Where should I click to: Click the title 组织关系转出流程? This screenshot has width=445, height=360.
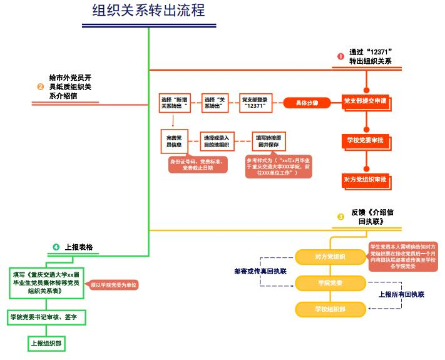click(x=148, y=11)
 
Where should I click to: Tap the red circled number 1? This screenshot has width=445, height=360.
click(x=340, y=56)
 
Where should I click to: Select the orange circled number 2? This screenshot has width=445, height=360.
click(x=41, y=87)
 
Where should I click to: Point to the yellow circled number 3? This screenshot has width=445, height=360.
click(x=340, y=217)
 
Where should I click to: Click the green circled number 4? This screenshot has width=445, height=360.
click(x=56, y=247)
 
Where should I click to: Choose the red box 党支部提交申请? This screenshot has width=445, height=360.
click(x=366, y=101)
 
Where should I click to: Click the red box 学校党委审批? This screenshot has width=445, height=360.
click(x=366, y=141)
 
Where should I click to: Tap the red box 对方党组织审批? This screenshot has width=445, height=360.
click(x=366, y=180)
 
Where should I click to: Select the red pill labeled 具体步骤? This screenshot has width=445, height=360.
click(x=307, y=103)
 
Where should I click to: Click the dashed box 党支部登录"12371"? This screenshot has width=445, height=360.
click(x=255, y=103)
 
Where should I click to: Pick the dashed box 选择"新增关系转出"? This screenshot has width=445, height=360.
click(x=175, y=103)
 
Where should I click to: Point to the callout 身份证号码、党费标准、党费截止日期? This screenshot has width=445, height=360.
click(x=197, y=165)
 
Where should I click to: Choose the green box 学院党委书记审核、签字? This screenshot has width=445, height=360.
click(x=47, y=318)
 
